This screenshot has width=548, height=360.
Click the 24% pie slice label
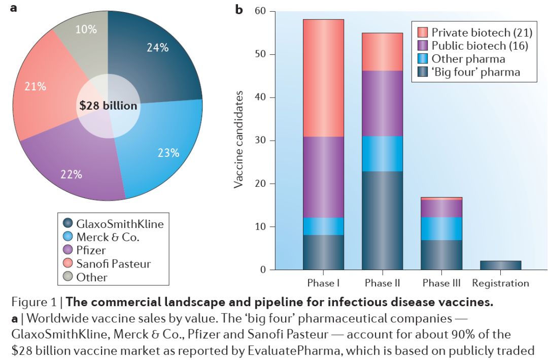coord(157,48)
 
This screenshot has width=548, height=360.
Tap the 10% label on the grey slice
coord(86,29)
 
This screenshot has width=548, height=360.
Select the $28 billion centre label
coord(108,106)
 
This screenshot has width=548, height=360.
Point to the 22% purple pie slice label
coord(71,174)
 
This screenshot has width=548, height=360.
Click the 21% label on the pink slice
coord(36,86)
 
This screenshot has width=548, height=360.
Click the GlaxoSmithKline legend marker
coord(68,223)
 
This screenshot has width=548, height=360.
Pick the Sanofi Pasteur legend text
coord(113,264)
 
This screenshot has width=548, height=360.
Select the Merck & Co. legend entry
coord(107,237)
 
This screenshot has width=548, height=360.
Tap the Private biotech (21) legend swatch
coord(422,33)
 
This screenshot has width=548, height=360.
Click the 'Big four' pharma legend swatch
coord(422,72)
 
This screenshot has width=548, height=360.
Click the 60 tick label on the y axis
coord(261,11)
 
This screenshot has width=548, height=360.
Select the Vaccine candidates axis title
coord(238,140)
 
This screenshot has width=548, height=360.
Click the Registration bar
coord(500,265)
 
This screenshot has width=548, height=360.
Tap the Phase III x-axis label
coord(441,283)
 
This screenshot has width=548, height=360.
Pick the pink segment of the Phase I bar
coord(323,78)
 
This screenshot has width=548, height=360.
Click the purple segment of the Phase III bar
coord(441,208)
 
